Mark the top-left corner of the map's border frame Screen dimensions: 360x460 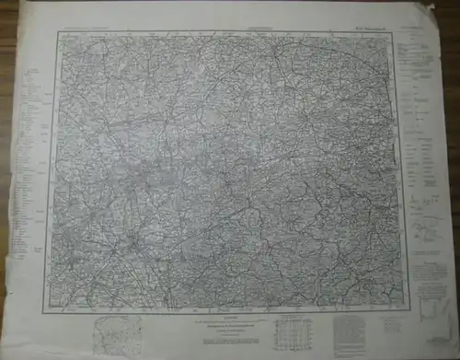[58, 33]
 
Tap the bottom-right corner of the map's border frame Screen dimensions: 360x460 [402, 305]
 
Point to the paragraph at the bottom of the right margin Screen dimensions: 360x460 [425, 276]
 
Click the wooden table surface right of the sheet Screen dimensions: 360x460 [452, 184]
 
